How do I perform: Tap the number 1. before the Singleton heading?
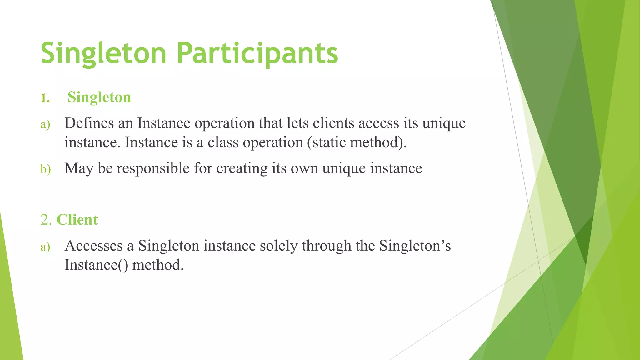click(x=45, y=98)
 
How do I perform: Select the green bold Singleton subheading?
click(x=99, y=97)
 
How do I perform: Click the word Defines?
click(x=89, y=123)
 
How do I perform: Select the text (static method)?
click(x=357, y=142)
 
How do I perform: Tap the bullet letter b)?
click(x=46, y=169)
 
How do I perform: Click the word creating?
click(x=242, y=168)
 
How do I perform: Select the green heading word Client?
click(x=77, y=220)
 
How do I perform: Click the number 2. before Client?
click(x=46, y=220)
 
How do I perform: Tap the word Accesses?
click(x=94, y=246)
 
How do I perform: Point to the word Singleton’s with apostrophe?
click(x=415, y=246)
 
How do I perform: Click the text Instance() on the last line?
click(x=96, y=265)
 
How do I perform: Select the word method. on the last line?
click(x=158, y=265)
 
